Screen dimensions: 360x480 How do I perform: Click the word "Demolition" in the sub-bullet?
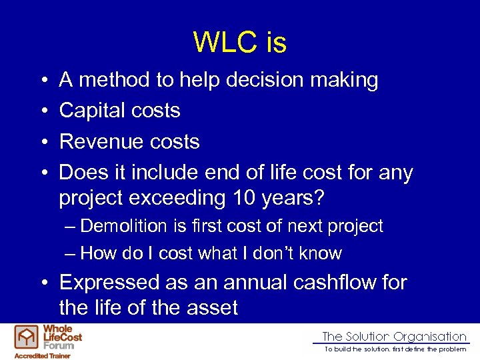click(128, 226)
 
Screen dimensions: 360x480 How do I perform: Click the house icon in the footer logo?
click(27, 337)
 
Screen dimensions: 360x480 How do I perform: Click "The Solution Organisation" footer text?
click(394, 337)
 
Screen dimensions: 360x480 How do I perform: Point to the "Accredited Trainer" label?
click(43, 355)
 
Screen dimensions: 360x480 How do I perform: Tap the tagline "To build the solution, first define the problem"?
click(395, 349)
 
